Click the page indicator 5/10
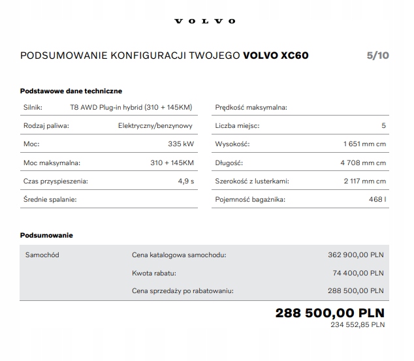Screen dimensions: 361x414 click(377, 55)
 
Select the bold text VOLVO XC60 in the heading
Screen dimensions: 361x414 click(276, 55)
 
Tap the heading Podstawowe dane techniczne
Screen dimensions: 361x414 click(71, 91)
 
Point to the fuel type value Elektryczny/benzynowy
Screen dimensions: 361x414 click(156, 125)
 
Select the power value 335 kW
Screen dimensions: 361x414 click(181, 144)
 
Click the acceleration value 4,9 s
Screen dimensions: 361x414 click(186, 181)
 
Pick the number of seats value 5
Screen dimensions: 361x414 click(383, 125)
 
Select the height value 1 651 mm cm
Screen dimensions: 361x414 click(364, 144)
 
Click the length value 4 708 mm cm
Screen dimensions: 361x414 click(364, 163)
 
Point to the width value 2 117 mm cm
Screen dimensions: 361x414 click(364, 181)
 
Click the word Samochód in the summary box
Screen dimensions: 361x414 click(42, 255)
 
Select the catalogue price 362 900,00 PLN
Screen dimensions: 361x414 click(355, 255)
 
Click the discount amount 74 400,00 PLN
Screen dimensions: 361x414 click(358, 273)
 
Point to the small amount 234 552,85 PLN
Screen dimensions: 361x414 click(357, 324)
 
